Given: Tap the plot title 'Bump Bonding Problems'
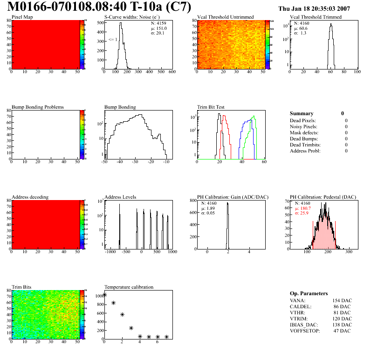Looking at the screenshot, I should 38,107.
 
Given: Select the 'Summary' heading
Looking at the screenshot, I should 302,113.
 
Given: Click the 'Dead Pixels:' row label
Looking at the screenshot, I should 302,120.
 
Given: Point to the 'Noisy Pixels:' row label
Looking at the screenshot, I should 303,126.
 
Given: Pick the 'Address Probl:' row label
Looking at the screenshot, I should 305,151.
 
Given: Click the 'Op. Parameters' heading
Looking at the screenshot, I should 309,293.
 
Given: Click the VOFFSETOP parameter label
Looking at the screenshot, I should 306,331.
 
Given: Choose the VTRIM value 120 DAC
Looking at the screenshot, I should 342,318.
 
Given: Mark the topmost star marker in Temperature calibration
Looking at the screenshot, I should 104,294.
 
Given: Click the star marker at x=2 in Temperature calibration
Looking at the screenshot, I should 122,315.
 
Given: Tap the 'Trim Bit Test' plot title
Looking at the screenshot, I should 211,107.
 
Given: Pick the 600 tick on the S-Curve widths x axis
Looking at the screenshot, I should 172,72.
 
